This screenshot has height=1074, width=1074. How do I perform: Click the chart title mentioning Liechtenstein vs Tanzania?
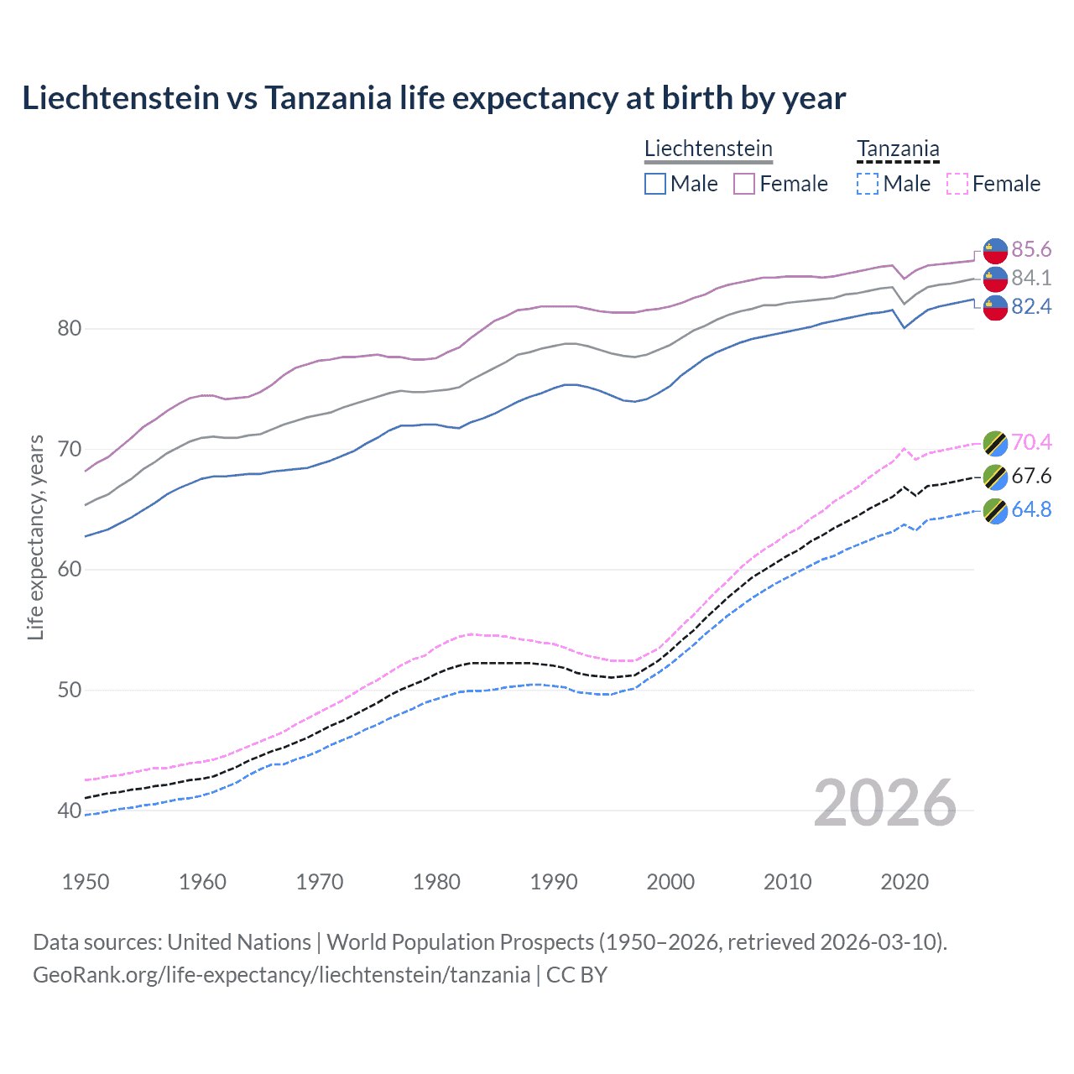[x=434, y=98]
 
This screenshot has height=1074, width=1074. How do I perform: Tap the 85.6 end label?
[x=1031, y=250]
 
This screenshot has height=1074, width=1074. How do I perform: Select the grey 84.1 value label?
[x=1031, y=278]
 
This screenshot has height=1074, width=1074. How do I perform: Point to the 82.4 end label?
[x=1031, y=307]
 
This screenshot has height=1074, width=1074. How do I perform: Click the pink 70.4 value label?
[x=1031, y=442]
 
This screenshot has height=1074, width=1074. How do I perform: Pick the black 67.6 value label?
[x=1031, y=477]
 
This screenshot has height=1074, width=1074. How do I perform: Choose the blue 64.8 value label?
[x=1031, y=510]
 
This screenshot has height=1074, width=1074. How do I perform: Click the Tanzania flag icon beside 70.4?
[x=995, y=443]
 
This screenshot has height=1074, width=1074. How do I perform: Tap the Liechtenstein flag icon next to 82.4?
[x=995, y=308]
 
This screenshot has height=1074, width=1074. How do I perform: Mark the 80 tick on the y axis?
[x=70, y=328]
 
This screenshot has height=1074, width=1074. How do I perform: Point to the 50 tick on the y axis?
[x=70, y=690]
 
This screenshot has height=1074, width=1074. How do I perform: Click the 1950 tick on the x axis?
[x=86, y=882]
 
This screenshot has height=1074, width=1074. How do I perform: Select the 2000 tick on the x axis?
[x=670, y=882]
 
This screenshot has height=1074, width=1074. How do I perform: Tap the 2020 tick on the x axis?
[x=905, y=882]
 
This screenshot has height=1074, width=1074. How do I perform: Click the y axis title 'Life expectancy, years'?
[x=35, y=537]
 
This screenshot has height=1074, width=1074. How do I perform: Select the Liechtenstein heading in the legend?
[x=708, y=149]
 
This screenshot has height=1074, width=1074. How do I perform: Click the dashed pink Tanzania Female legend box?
[x=957, y=184]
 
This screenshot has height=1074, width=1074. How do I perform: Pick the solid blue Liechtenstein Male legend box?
[x=655, y=184]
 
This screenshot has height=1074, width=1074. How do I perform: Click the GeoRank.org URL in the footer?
[x=281, y=975]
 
